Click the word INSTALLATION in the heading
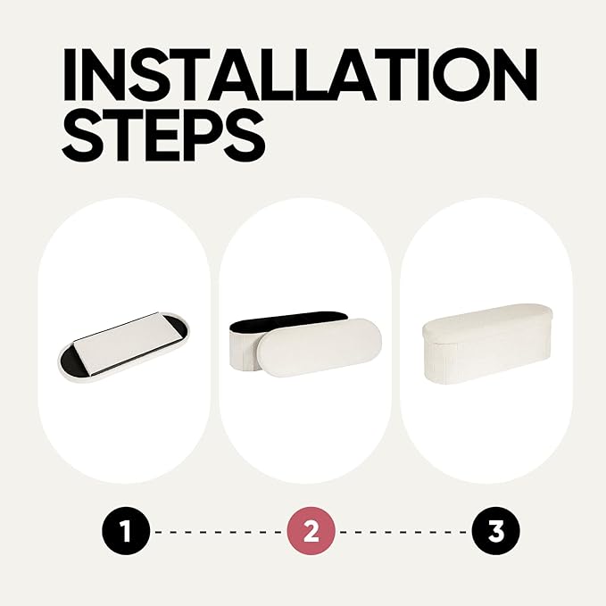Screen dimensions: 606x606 tap(300, 74)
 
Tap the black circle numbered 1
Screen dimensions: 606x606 tap(126, 531)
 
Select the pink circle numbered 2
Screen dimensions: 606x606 tap(311, 531)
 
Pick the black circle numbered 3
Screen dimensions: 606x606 tap(496, 531)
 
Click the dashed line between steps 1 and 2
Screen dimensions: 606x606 tap(219, 532)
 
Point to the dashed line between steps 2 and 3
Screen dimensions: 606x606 tap(403, 532)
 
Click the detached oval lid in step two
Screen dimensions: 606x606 tap(320, 347)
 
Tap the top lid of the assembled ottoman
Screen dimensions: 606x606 tap(487, 320)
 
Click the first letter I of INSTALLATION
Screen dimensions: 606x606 tap(70, 74)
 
